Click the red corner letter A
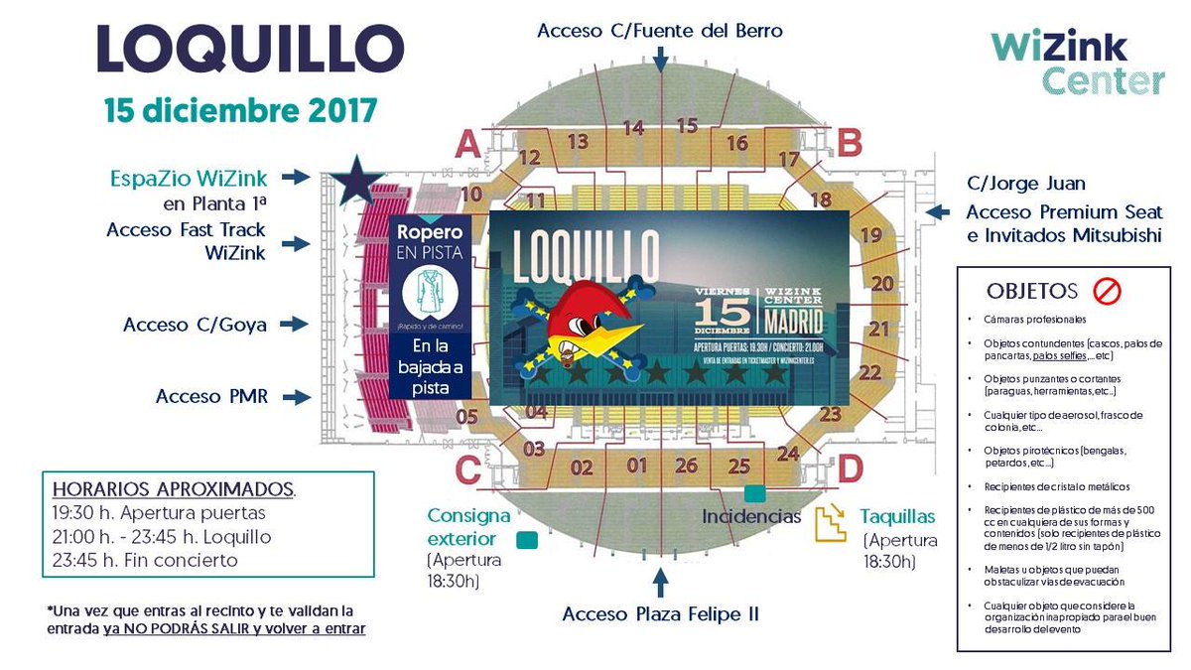(467, 147)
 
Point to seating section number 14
(633, 128)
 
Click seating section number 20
(880, 283)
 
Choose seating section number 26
(687, 465)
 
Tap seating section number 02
(582, 468)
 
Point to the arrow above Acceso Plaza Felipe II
(659, 581)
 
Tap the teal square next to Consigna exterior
(527, 541)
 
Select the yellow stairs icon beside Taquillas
(831, 524)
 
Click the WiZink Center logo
(1078, 62)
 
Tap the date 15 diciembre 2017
(241, 109)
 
